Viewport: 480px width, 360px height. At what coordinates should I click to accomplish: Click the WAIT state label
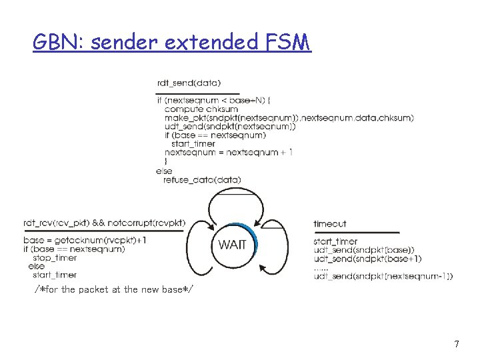(232, 245)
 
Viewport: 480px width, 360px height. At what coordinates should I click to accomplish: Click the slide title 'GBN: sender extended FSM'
(172, 43)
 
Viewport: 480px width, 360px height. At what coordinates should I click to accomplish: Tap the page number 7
(456, 344)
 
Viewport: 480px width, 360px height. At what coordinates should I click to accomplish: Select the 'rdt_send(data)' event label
(189, 83)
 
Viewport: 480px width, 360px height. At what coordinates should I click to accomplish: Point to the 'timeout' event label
(329, 224)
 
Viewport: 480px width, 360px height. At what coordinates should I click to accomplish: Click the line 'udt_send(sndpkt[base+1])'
(367, 259)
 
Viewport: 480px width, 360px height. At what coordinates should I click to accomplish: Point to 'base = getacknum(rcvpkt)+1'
(85, 240)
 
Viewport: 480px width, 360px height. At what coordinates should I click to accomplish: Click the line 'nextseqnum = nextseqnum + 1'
(229, 153)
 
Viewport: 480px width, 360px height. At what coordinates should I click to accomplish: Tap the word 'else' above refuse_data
(163, 171)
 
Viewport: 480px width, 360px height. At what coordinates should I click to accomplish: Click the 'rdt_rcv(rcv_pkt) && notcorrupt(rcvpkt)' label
(105, 223)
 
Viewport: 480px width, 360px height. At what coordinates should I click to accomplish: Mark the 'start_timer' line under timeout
(335, 241)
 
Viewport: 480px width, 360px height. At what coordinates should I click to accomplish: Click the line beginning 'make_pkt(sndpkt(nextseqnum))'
(289, 117)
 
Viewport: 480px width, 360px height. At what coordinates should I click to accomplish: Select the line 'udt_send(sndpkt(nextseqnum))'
(230, 126)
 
